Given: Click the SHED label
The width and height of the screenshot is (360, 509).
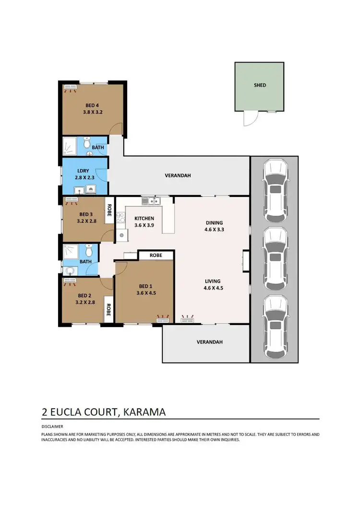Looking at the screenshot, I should (260, 85).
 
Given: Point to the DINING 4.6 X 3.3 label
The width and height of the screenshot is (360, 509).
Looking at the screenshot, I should (214, 226).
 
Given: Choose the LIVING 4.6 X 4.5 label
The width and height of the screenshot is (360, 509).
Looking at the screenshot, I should (213, 284).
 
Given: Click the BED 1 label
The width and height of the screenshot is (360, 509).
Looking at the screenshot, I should (144, 290).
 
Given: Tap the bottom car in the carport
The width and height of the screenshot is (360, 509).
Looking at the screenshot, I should (275, 324).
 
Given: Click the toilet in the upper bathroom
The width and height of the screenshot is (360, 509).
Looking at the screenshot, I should (87, 143).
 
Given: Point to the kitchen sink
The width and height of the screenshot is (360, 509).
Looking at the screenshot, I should (154, 201).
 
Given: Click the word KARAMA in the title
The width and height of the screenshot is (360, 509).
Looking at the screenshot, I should (145, 412).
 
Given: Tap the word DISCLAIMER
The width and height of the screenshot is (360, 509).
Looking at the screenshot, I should (52, 426).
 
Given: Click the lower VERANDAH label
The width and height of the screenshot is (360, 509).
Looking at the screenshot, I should (210, 342).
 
